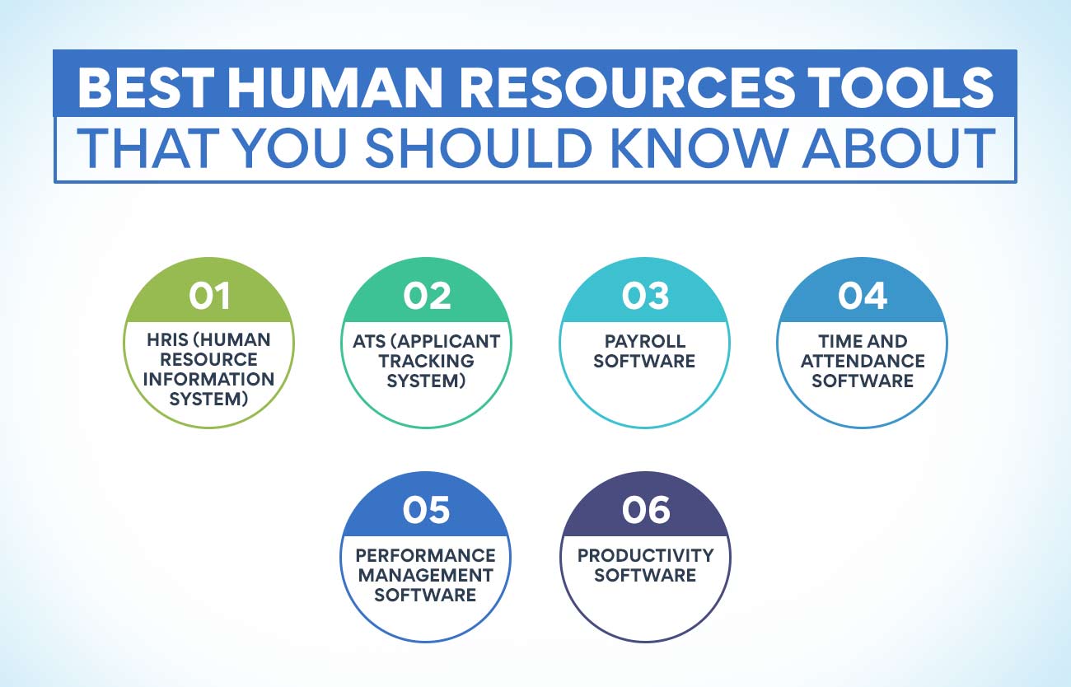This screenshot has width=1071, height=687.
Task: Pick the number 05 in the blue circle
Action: click(x=425, y=510)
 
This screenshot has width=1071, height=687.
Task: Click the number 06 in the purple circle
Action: click(x=645, y=510)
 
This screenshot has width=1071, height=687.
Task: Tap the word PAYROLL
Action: click(x=645, y=341)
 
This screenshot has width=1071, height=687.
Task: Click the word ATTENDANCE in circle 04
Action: click(x=863, y=361)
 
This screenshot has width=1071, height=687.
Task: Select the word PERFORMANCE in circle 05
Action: click(x=426, y=555)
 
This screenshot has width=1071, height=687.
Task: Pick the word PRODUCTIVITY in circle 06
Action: click(x=645, y=555)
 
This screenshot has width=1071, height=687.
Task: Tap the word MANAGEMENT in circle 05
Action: click(x=426, y=575)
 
